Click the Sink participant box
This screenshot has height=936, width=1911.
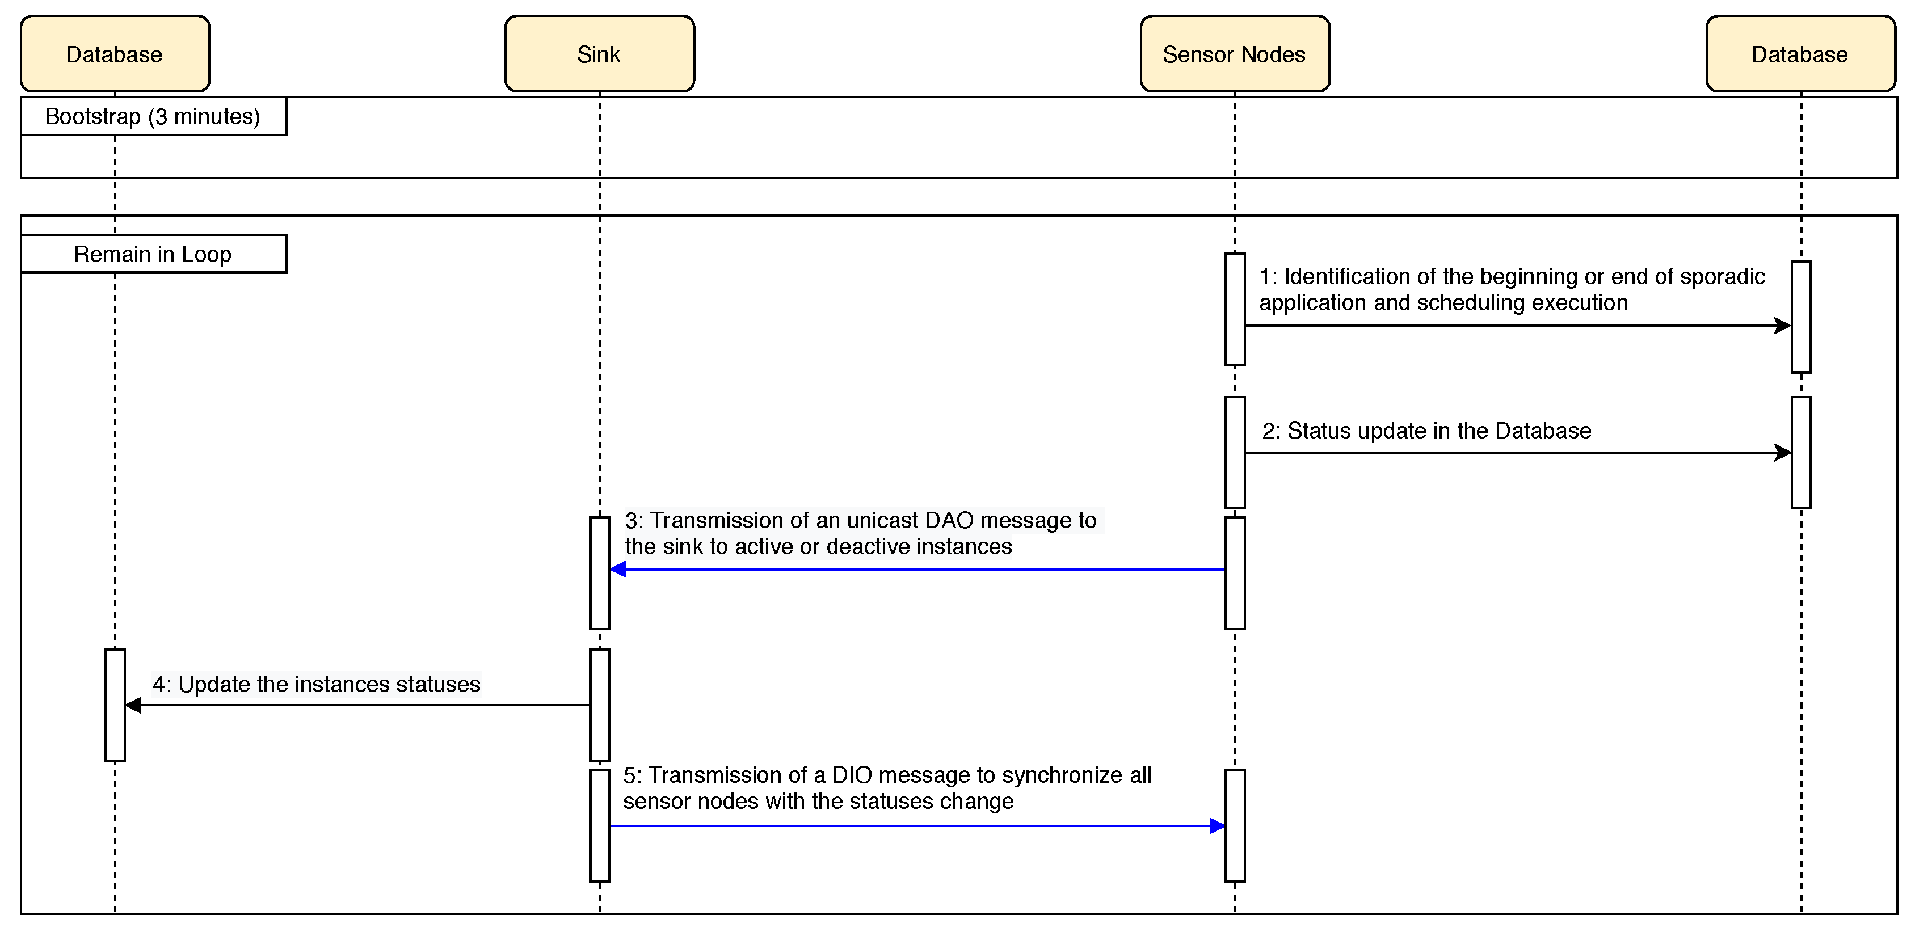(x=599, y=54)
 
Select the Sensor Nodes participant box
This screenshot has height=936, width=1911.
(x=1235, y=54)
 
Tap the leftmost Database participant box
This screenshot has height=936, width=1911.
(x=115, y=54)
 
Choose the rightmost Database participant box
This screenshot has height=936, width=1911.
(x=1800, y=54)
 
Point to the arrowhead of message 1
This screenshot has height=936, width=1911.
(x=1783, y=326)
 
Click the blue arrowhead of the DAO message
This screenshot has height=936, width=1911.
(x=618, y=570)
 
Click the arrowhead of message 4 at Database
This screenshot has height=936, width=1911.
(x=133, y=705)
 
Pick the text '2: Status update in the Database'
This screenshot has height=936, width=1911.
(x=1426, y=431)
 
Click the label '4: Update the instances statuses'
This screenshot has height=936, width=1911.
(x=317, y=684)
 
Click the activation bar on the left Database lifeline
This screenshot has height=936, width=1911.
(x=115, y=705)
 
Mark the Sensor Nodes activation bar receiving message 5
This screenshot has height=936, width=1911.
(x=1235, y=826)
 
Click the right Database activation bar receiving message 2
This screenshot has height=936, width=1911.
(x=1801, y=453)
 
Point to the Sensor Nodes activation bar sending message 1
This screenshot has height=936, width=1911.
(x=1235, y=309)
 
